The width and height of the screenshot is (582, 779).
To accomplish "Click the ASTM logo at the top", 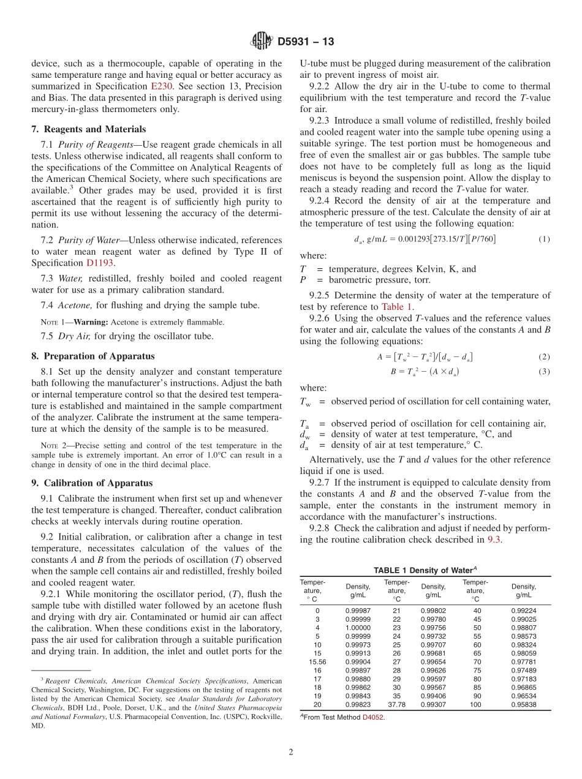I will point(261,42).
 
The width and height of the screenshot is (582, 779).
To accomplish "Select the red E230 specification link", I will point(162,86).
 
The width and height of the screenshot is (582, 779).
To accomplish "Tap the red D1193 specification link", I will point(99,263).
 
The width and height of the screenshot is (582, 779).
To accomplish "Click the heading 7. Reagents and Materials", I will point(88,129).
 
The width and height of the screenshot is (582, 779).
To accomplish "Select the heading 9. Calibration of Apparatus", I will point(91,483).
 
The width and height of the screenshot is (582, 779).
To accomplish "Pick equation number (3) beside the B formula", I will point(544,372).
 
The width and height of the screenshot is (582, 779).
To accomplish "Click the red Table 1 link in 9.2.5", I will point(397,307).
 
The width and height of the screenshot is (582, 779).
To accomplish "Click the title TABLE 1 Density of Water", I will point(425,570).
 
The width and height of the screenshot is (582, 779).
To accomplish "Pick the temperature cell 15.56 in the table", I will point(317,662).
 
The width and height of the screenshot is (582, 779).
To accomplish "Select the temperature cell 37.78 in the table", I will point(396,704).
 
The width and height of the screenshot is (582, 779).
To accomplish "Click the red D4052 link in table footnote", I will point(374,717).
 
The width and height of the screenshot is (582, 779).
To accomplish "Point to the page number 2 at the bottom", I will point(291,751).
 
